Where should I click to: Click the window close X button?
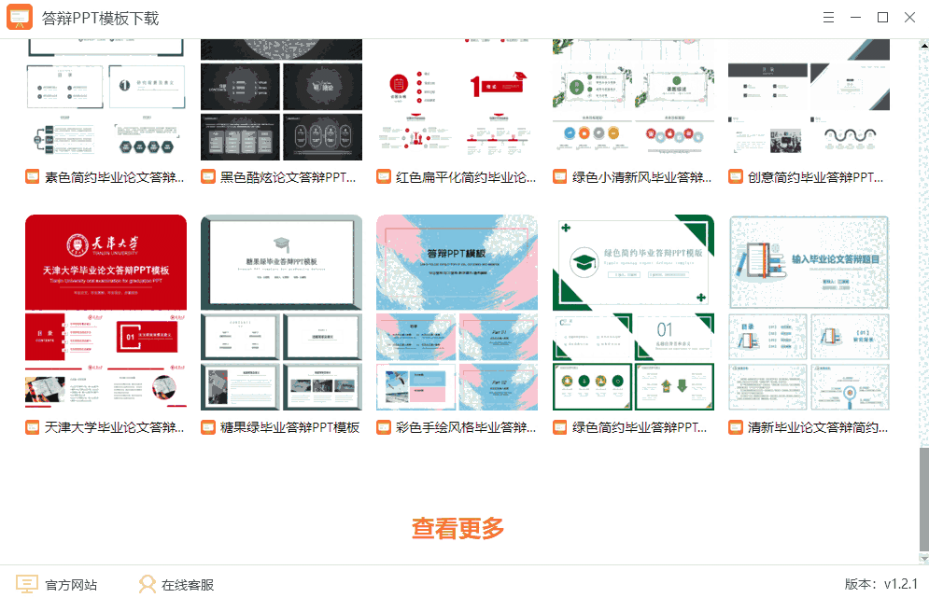click(909, 18)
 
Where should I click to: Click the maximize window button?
click(882, 18)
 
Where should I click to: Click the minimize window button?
click(855, 18)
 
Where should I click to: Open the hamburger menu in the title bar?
click(828, 18)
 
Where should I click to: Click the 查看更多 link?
click(457, 528)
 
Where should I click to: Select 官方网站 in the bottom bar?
click(58, 585)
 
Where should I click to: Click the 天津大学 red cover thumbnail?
click(106, 262)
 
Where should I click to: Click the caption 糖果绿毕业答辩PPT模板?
click(289, 427)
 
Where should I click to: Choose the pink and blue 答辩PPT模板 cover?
click(457, 262)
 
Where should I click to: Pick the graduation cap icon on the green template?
click(584, 263)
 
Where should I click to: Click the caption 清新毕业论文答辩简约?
click(817, 427)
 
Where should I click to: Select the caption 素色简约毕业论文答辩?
click(114, 176)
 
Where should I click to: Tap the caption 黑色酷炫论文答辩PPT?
click(289, 176)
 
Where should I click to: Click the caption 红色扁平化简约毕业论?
click(465, 176)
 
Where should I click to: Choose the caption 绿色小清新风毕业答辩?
click(641, 176)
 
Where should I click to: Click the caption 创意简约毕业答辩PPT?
click(816, 176)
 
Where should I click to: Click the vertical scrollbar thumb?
click(923, 499)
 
